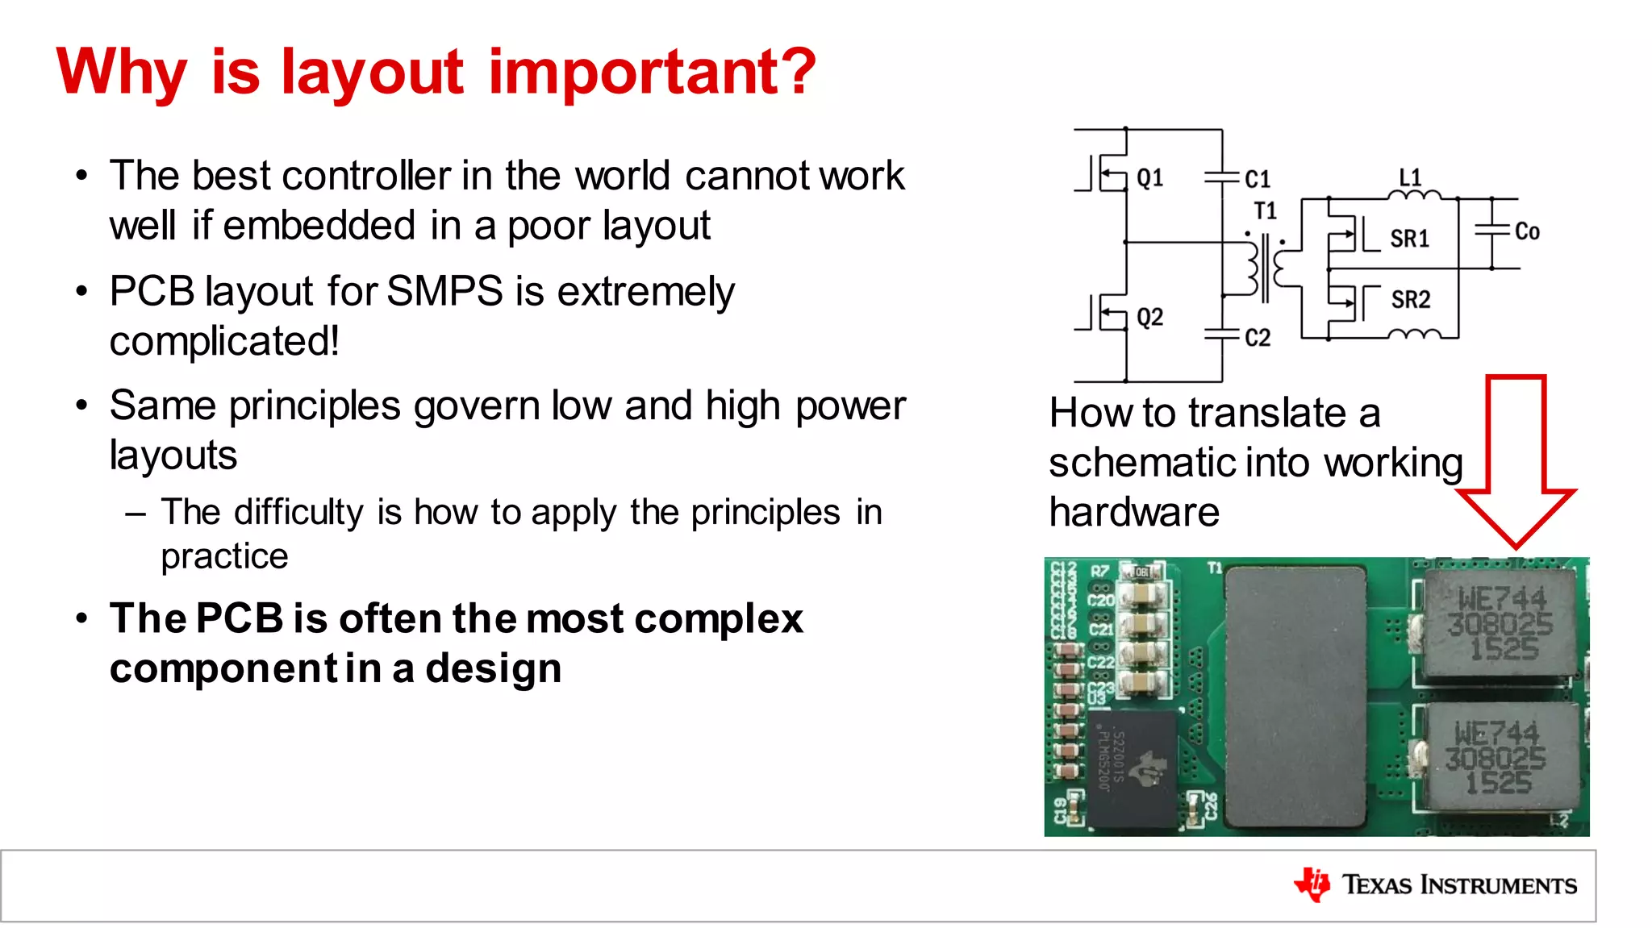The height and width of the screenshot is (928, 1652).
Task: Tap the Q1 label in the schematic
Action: pos(1149,177)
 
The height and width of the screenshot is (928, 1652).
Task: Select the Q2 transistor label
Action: pos(1149,317)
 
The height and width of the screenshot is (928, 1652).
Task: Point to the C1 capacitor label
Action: pos(1257,179)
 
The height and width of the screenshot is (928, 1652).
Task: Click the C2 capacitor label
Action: pos(1257,338)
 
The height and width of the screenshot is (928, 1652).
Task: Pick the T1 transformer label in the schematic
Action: pos(1265,211)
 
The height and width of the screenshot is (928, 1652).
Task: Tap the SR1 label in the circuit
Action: pos(1409,239)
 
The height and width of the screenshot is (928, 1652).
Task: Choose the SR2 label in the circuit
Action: pos(1410,300)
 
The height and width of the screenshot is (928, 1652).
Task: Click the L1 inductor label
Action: pos(1410,177)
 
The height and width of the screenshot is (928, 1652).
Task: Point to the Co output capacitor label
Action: pos(1527,232)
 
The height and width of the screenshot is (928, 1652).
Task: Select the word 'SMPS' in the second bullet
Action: pos(444,291)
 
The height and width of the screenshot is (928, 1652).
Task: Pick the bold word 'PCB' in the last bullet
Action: pos(239,619)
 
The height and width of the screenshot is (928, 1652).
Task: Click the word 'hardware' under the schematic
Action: pos(1134,513)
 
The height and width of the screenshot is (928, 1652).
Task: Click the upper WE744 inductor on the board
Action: pos(1499,622)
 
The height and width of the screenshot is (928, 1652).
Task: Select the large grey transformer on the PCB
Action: pos(1295,697)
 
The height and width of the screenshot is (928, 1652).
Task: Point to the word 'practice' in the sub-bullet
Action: pos(224,556)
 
